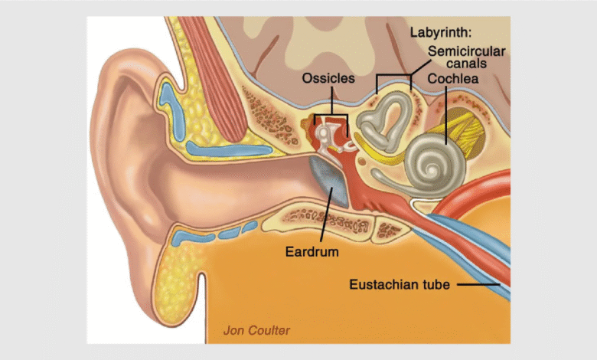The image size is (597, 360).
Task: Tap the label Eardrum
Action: coord(312,250)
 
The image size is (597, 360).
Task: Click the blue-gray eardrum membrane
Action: coord(330,184)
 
